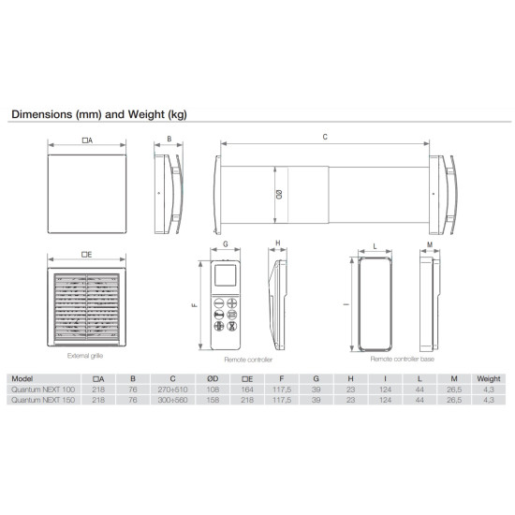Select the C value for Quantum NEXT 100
(172, 390)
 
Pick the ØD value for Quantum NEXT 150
(213, 400)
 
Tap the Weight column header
(489, 378)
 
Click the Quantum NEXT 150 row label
(43, 400)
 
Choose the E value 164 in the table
(247, 390)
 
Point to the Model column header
(22, 378)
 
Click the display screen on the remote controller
(226, 275)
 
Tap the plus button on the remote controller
(232, 302)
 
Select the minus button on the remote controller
(219, 302)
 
